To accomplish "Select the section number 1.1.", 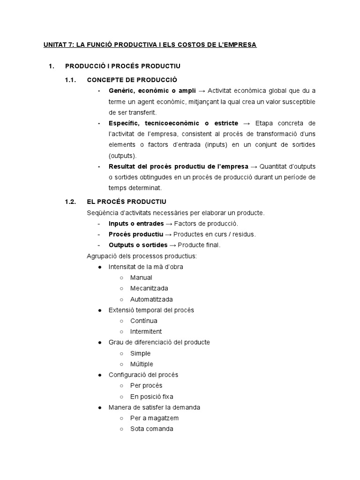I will coord(70,80).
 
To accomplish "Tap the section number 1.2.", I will coord(70,202).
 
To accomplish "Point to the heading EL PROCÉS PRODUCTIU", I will coord(127,202).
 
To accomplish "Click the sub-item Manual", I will coord(141,277).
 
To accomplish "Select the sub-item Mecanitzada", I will coord(149,288).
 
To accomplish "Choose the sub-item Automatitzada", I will coord(151,299).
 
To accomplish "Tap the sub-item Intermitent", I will coord(146,331).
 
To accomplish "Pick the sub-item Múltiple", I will coord(142,364).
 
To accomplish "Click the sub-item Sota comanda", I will coord(151,428).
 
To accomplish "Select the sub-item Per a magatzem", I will coord(154,418).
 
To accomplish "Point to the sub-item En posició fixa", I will coord(151,396).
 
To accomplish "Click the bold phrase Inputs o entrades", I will coord(136,224).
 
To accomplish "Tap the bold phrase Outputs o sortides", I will coord(138,245).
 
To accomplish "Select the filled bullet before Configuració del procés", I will coord(99,375).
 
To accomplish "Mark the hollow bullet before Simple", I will coord(121,353).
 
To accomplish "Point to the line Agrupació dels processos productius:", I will coord(142,256).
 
